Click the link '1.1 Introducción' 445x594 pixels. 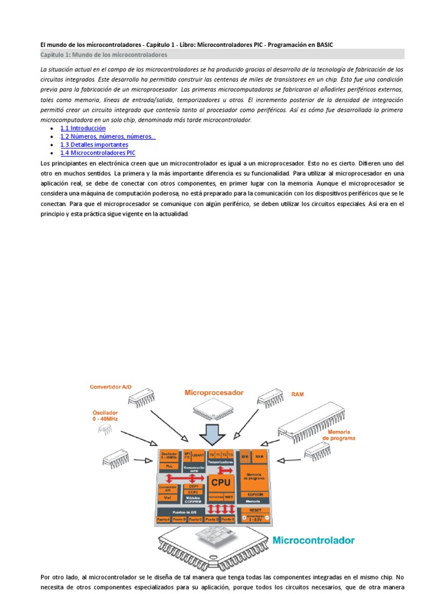tap(83, 128)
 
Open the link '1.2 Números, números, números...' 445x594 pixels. tap(108, 136)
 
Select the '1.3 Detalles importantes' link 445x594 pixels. tap(94, 144)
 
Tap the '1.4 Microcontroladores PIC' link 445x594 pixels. tap(98, 153)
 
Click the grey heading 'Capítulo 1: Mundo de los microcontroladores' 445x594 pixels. tap(104, 55)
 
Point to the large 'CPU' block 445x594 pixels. tap(220, 482)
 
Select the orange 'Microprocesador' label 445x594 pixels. tap(214, 393)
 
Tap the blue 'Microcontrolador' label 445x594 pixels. tap(313, 540)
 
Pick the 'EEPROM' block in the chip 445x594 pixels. tap(256, 494)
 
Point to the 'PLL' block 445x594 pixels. tap(169, 466)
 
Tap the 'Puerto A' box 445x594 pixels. tap(164, 519)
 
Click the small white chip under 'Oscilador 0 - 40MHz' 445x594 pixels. tap(105, 428)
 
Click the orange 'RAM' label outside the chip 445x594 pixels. tap(297, 394)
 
